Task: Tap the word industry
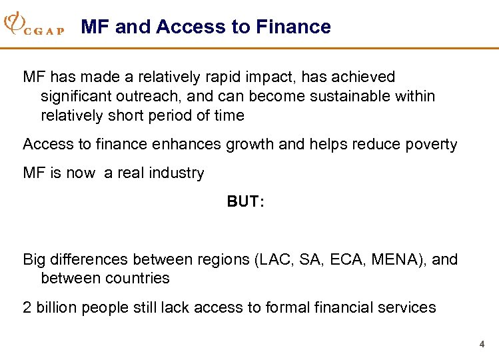(x=177, y=173)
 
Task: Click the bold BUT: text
(x=246, y=202)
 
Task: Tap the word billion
(x=55, y=307)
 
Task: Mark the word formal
(x=288, y=307)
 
